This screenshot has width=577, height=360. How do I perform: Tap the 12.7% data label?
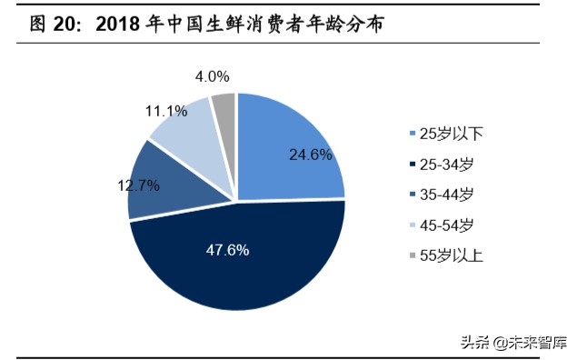coord(137,185)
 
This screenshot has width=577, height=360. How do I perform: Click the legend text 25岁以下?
coord(452,134)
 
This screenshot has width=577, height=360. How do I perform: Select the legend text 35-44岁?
coord(449,195)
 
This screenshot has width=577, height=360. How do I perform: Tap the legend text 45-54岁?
coord(449,225)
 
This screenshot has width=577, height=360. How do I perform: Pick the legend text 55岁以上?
coord(452,255)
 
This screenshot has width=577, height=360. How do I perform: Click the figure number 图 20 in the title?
coord(50,25)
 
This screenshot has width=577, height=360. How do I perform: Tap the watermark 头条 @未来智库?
coord(512,343)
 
